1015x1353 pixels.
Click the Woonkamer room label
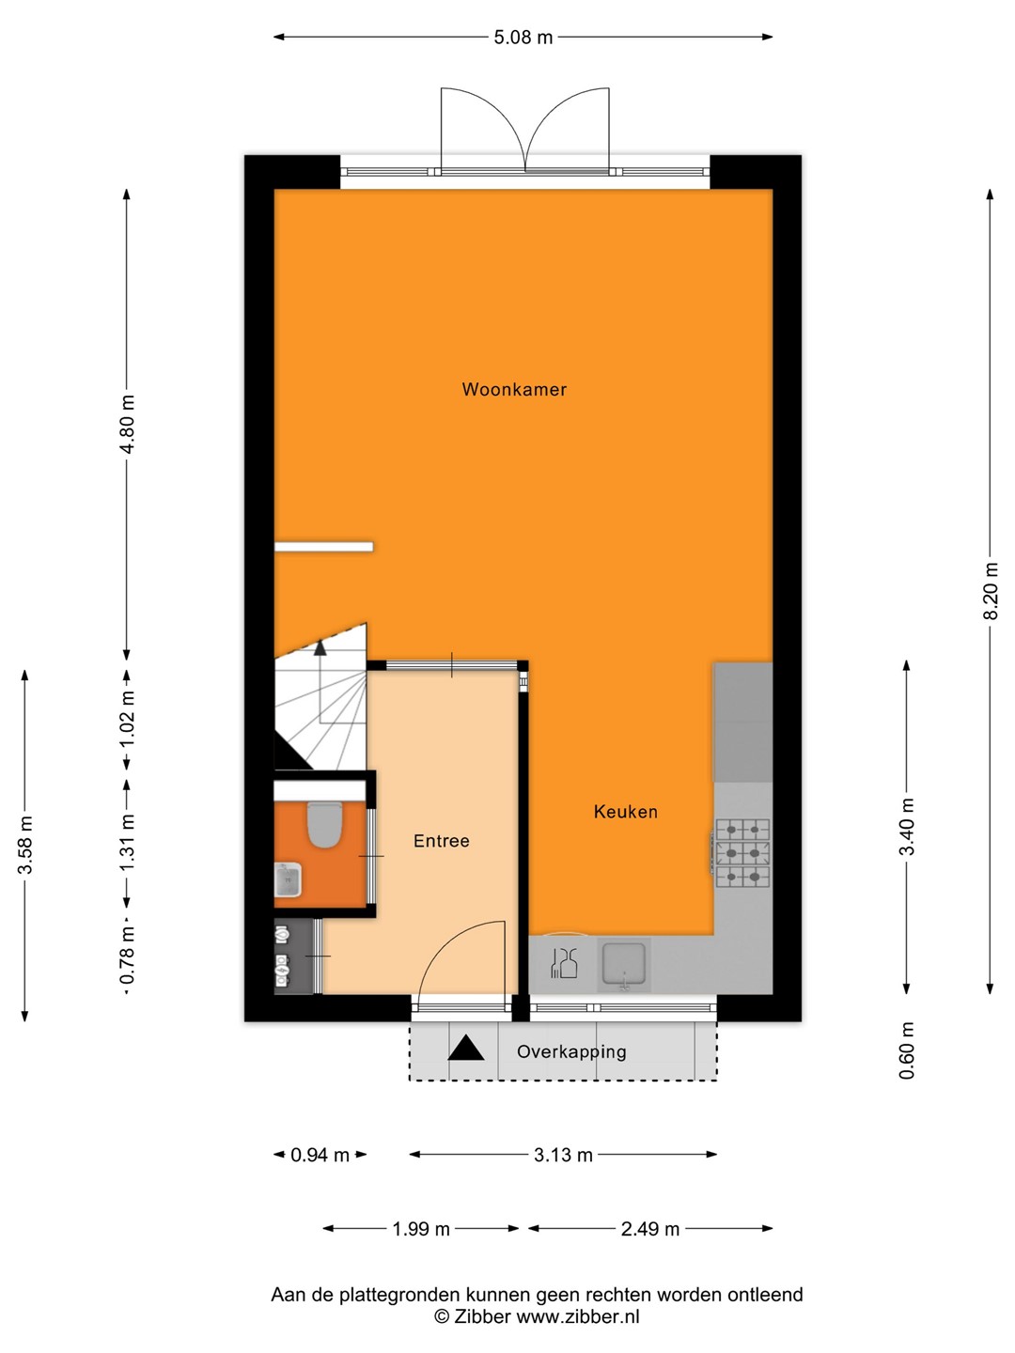[x=514, y=390]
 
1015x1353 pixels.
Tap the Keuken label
[x=626, y=812]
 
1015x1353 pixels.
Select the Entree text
[x=442, y=841]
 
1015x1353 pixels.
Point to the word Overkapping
[x=571, y=1051]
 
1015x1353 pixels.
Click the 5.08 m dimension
[x=523, y=38]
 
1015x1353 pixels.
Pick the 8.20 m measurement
[x=991, y=590]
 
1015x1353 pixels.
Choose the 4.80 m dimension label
[x=128, y=424]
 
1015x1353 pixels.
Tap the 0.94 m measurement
[x=320, y=1155]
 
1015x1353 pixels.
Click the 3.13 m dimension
[x=563, y=1155]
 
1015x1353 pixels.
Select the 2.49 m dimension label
[x=649, y=1229]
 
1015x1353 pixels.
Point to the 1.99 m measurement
[x=422, y=1229]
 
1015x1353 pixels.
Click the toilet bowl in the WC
[x=324, y=825]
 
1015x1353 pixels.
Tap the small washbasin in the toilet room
[x=288, y=879]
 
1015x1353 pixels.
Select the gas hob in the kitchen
[x=742, y=853]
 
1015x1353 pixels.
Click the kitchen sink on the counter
[x=624, y=964]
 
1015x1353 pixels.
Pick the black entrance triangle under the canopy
[x=465, y=1048]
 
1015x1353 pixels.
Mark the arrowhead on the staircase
[x=320, y=647]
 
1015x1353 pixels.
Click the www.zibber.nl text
[x=577, y=1317]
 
